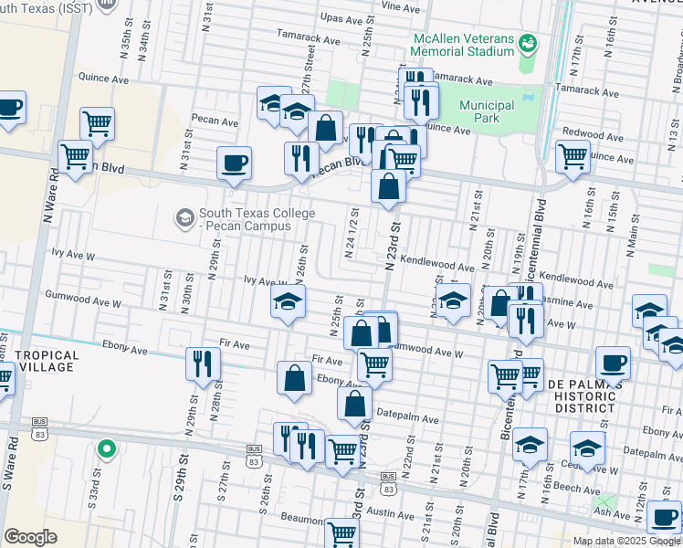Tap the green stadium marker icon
pyautogui.click(x=527, y=42)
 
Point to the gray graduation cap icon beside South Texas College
pyautogui.click(x=185, y=217)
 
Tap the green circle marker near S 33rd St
pyautogui.click(x=106, y=448)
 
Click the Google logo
pyautogui.click(x=30, y=537)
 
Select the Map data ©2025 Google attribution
pyautogui.click(x=625, y=541)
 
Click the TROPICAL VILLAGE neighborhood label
pyautogui.click(x=48, y=362)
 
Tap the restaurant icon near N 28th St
pyautogui.click(x=203, y=364)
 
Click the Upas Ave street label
pyautogui.click(x=343, y=17)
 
